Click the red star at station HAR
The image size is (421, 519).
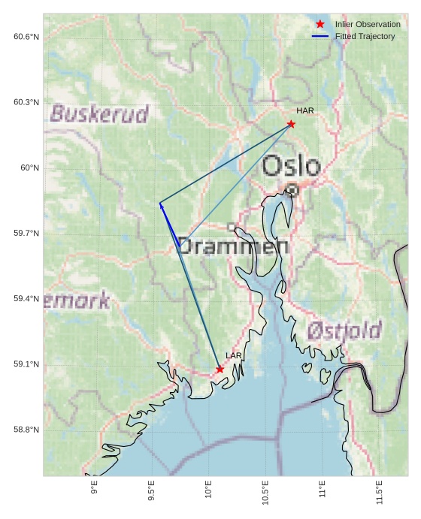(x=291, y=124)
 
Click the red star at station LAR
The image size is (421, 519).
(x=220, y=370)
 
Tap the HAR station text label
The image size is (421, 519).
(x=304, y=110)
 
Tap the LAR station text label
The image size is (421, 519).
(x=234, y=355)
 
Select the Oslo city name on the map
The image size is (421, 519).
(x=292, y=166)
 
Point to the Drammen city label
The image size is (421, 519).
(x=233, y=246)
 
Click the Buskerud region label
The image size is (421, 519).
(x=99, y=114)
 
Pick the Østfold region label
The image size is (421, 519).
(x=344, y=330)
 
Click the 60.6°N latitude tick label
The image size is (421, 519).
(x=26, y=37)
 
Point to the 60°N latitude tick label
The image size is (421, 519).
(x=29, y=168)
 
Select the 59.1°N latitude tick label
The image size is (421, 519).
(x=26, y=365)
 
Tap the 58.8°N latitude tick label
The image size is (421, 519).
(x=26, y=430)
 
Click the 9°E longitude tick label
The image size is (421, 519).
(x=95, y=492)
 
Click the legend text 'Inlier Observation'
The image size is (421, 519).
(x=368, y=25)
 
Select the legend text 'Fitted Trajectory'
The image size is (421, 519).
(x=365, y=36)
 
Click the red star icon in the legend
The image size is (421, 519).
(x=320, y=25)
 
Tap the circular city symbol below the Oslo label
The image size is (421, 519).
(x=292, y=191)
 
